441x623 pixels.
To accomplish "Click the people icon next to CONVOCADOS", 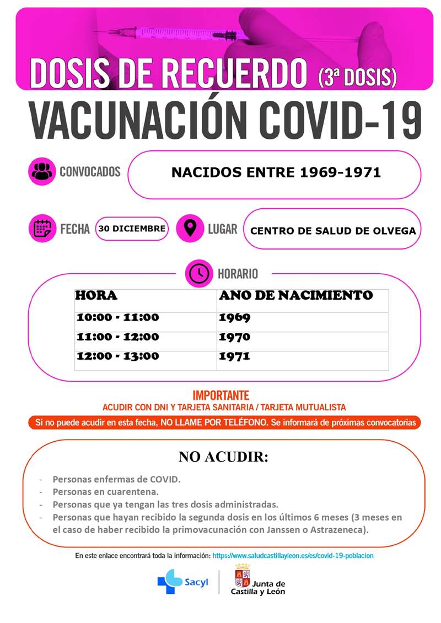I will pyautogui.click(x=42, y=171).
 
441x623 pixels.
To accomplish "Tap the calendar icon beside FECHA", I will pyautogui.click(x=42, y=228).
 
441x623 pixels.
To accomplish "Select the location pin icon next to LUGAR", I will pyautogui.click(x=190, y=228).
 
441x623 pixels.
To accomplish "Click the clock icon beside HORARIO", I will pyautogui.click(x=198, y=273).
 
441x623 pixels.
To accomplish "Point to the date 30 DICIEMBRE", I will pyautogui.click(x=132, y=229).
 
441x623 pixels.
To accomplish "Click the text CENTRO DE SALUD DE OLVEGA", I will pyautogui.click(x=333, y=230).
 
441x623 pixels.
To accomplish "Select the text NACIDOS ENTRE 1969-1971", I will pyautogui.click(x=276, y=172).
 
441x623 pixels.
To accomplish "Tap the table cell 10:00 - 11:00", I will pyautogui.click(x=118, y=317).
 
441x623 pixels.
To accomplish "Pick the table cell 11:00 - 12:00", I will pyautogui.click(x=118, y=337).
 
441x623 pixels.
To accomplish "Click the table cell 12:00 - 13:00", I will pyautogui.click(x=118, y=356).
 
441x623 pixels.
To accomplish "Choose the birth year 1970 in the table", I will pyautogui.click(x=234, y=337).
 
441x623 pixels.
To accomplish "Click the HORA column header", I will pyautogui.click(x=96, y=296).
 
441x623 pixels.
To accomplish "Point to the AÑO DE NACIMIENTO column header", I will pyautogui.click(x=295, y=296).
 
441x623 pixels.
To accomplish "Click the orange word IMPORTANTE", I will pyautogui.click(x=220, y=396).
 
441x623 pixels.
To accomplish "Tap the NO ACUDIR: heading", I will pyautogui.click(x=223, y=457).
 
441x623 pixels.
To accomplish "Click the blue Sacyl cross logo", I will pyautogui.click(x=169, y=581).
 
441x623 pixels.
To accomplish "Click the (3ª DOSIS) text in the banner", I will pyautogui.click(x=357, y=77).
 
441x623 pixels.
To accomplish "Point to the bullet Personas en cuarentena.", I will pyautogui.click(x=105, y=491).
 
